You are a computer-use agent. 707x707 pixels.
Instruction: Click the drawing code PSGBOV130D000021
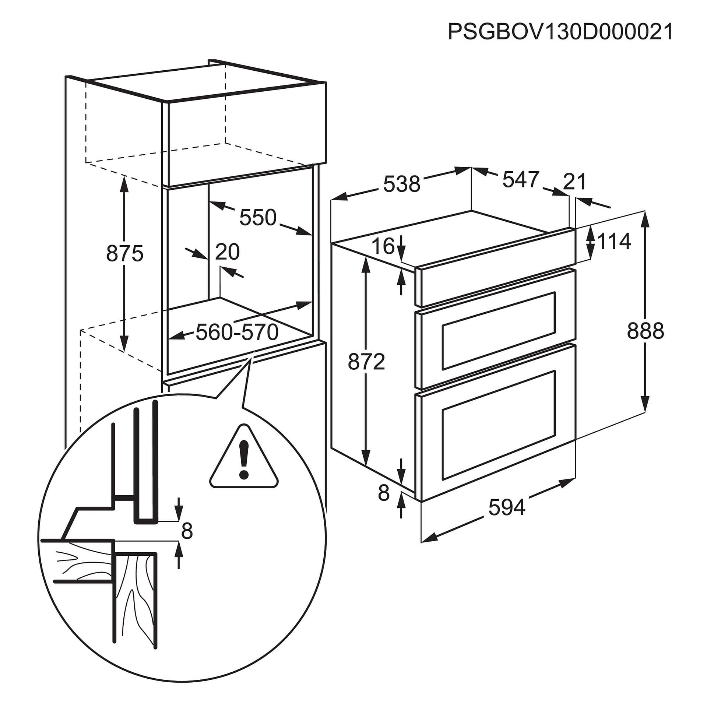click(560, 32)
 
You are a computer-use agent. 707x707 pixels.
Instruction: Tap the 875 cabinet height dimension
click(124, 254)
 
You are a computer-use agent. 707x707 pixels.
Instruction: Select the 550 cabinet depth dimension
click(258, 217)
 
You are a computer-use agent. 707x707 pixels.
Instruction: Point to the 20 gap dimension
click(227, 252)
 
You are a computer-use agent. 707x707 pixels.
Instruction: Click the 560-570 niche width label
click(237, 333)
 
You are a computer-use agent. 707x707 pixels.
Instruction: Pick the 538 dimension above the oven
click(402, 184)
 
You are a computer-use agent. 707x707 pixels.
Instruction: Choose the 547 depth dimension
click(521, 179)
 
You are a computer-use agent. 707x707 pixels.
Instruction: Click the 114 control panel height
click(614, 242)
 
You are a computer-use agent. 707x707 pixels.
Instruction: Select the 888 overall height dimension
click(646, 330)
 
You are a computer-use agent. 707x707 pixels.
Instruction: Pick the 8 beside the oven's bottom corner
click(383, 493)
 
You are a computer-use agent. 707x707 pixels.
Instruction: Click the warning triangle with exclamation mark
click(244, 459)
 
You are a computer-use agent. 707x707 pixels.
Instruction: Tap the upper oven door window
click(499, 330)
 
